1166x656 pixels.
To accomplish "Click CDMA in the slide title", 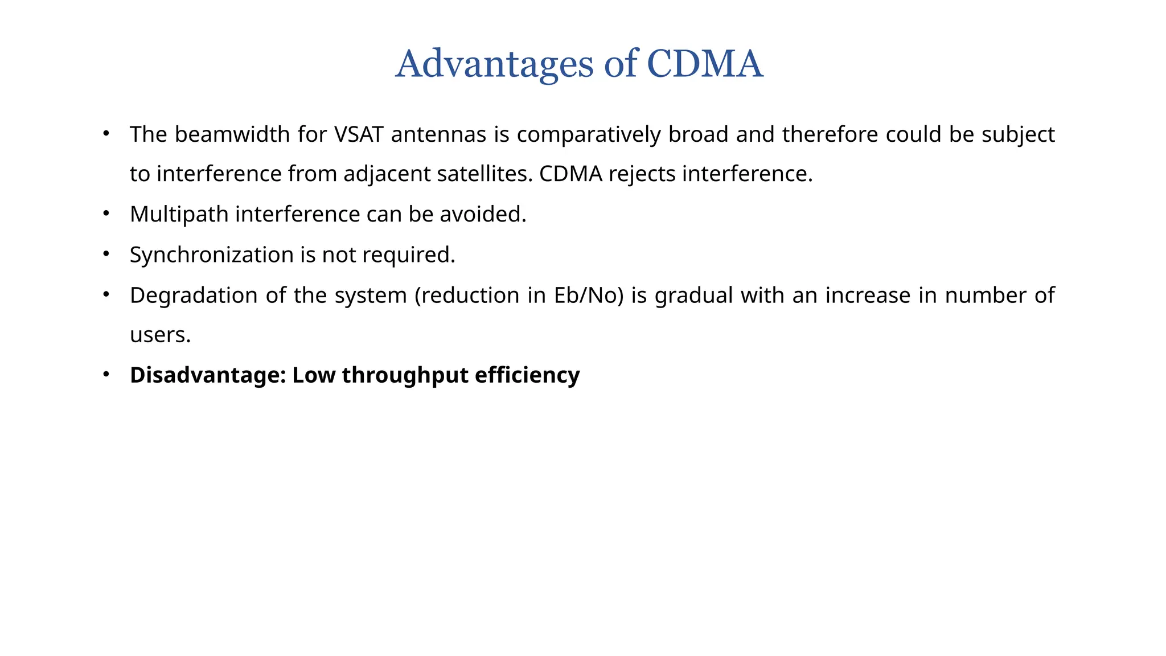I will click(x=704, y=64).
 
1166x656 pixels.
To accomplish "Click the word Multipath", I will click(x=179, y=215).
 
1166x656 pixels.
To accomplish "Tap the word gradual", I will click(x=693, y=296).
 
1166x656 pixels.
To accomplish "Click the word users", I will click(x=160, y=335).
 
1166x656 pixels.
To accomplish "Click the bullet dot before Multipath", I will click(x=106, y=214).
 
